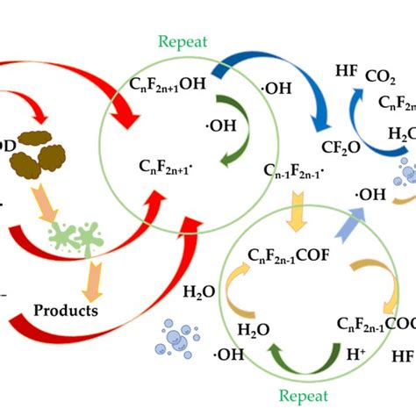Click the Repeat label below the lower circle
coord(300,396)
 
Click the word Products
coord(65,310)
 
